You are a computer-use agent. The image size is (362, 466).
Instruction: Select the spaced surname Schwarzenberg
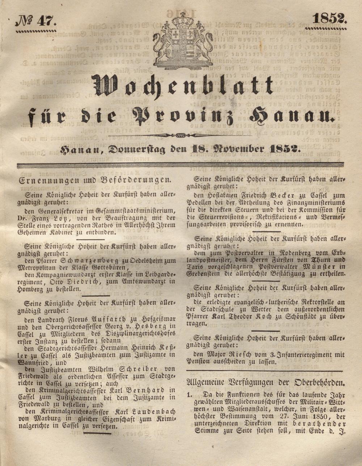click(x=79, y=261)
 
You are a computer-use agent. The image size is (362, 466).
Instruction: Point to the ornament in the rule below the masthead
click(x=180, y=136)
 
